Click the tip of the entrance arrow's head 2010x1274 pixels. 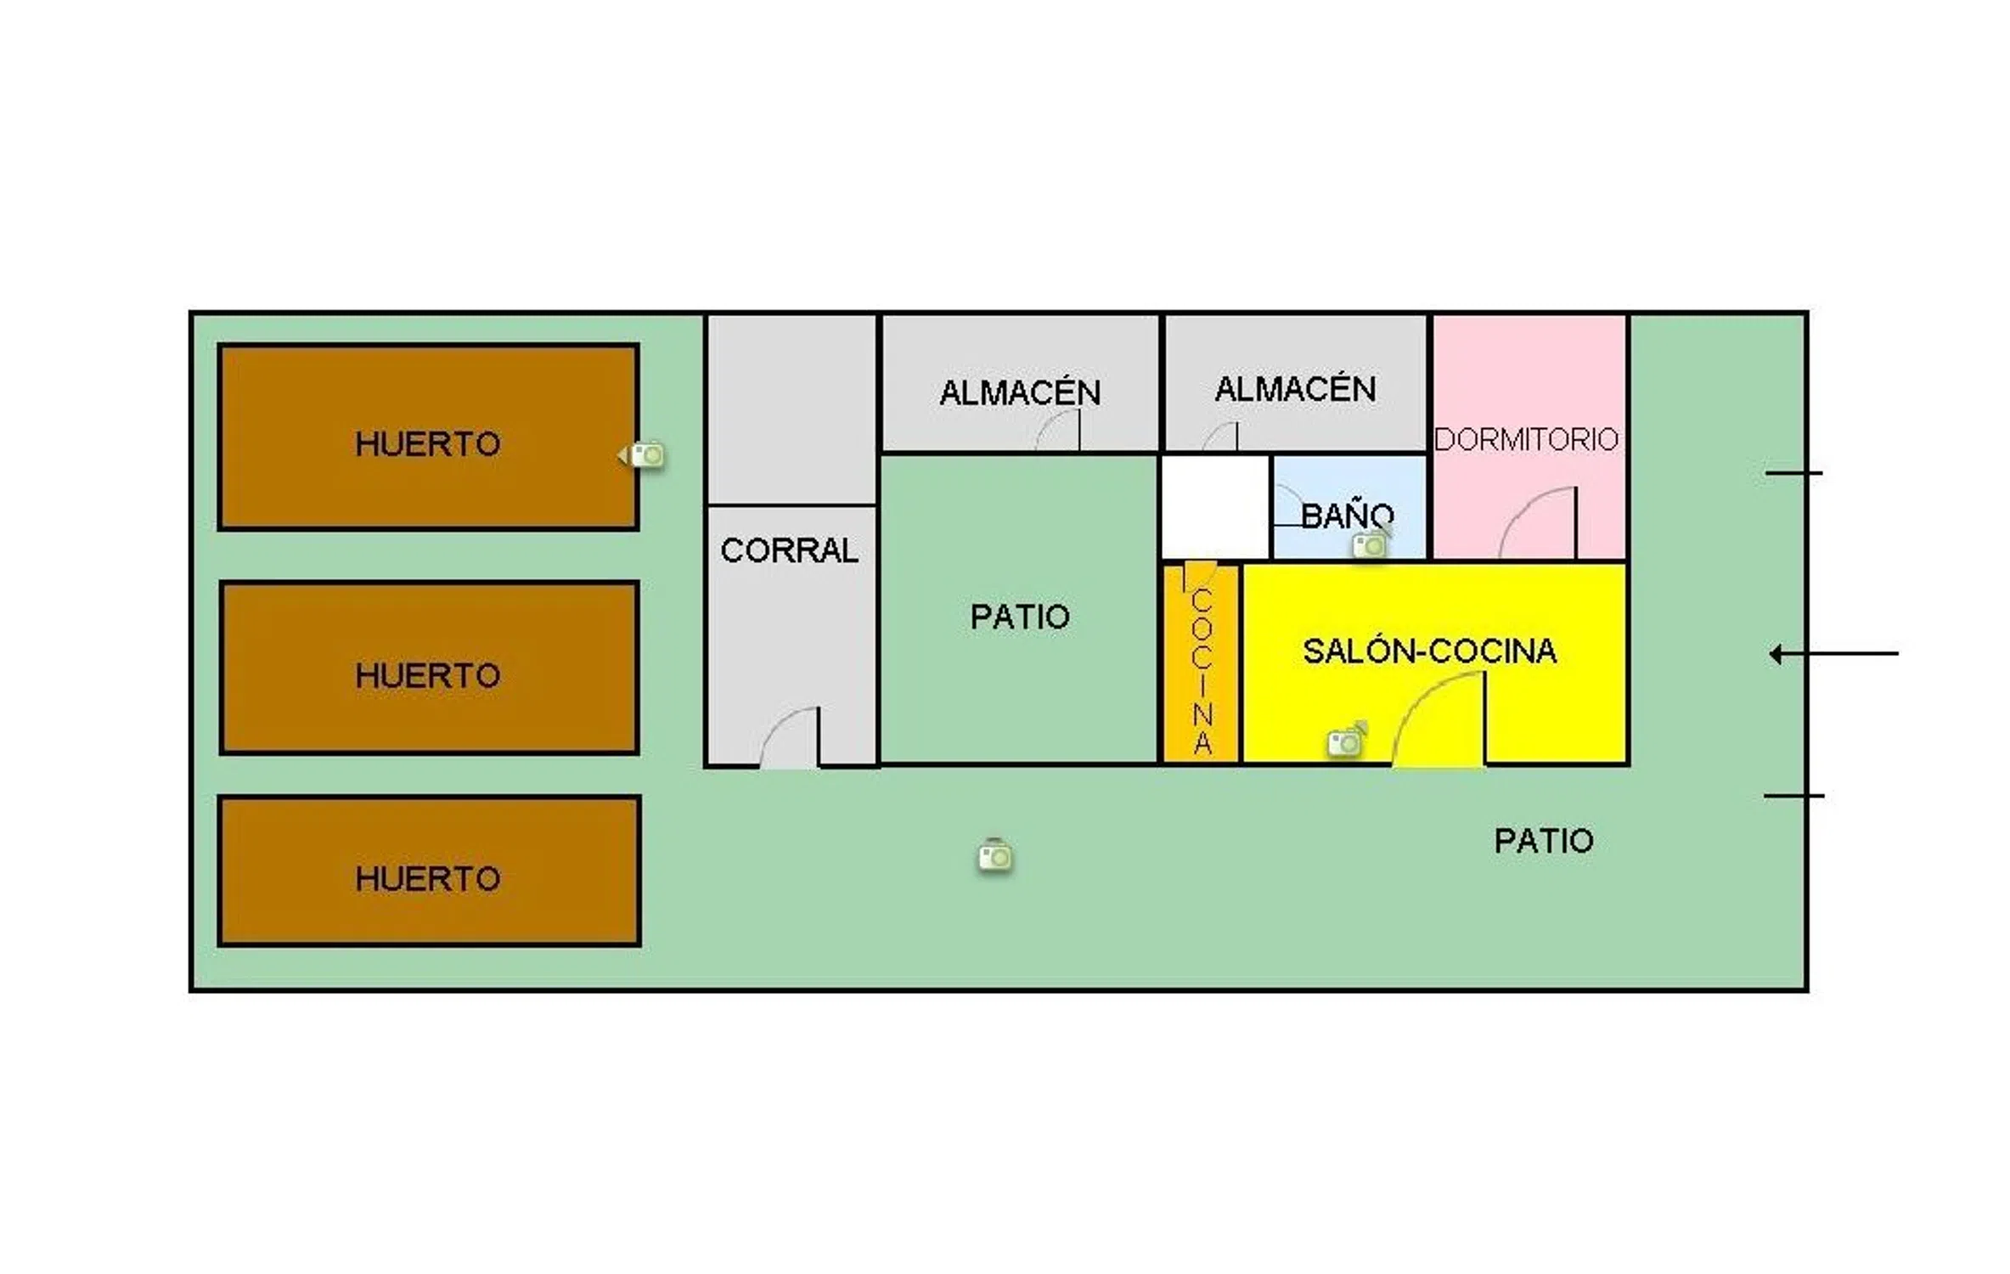(x=1770, y=654)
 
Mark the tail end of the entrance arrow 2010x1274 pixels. (x=1899, y=654)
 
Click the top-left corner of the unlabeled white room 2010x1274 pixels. (x=1162, y=456)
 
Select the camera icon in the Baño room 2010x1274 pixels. (x=1370, y=544)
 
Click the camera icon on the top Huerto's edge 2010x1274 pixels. (x=643, y=455)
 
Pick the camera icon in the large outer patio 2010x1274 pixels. (x=995, y=855)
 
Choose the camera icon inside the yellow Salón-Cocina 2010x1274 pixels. (x=1347, y=741)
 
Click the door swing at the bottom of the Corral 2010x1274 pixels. (x=790, y=737)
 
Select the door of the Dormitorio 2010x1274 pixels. (x=1538, y=523)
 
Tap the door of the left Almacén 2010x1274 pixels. (x=1058, y=431)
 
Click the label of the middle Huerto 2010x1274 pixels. (x=428, y=676)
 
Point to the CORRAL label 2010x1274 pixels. (x=789, y=550)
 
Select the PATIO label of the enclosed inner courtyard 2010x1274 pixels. (x=1020, y=617)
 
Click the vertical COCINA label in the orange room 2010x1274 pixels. (x=1202, y=670)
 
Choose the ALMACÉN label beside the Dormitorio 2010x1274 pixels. (x=1295, y=389)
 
